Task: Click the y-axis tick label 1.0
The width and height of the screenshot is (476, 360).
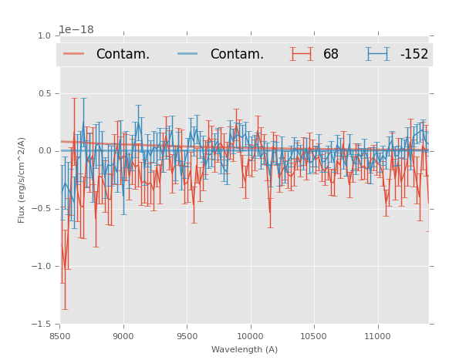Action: (x=43, y=35)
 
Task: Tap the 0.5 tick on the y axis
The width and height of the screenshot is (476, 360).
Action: (x=43, y=93)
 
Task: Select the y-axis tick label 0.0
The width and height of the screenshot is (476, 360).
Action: (x=43, y=151)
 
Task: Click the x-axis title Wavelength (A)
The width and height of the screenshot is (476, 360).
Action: (x=244, y=349)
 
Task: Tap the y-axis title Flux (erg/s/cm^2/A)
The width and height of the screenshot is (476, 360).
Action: (x=22, y=180)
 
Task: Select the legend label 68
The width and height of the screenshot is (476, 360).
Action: (x=331, y=54)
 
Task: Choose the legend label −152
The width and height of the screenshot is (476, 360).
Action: (x=414, y=54)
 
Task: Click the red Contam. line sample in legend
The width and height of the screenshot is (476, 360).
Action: (x=74, y=54)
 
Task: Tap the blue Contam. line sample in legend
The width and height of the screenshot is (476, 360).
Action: (x=188, y=54)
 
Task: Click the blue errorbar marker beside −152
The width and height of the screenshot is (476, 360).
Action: (x=378, y=54)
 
